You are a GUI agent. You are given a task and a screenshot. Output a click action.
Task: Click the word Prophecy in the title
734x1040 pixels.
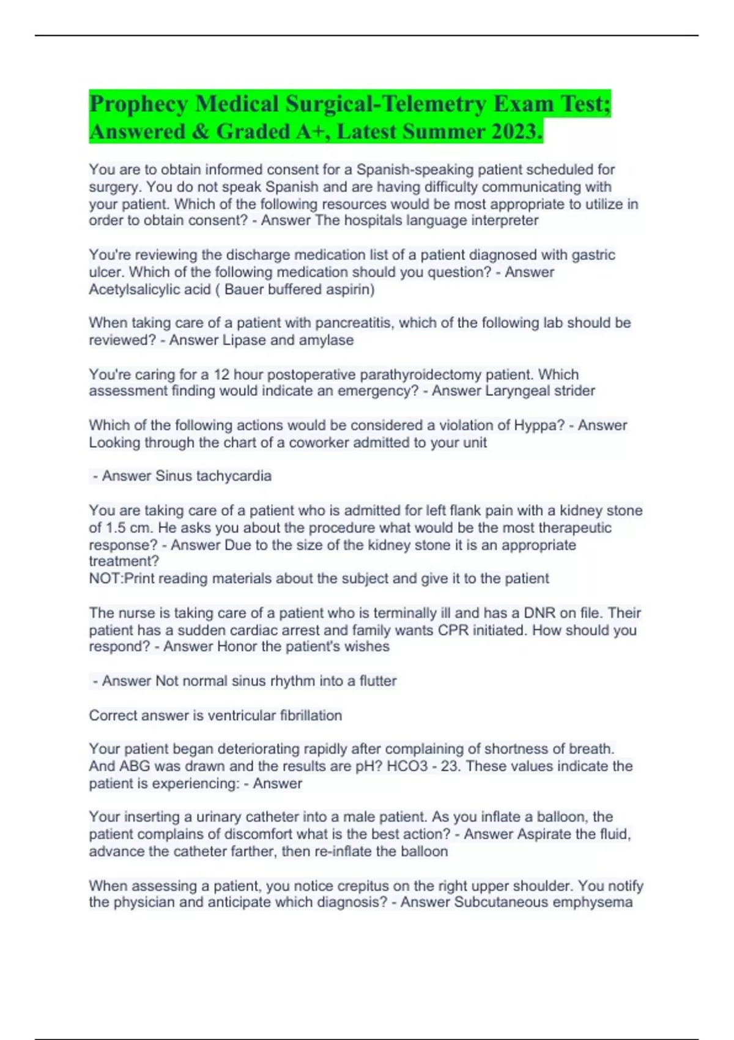[138, 105]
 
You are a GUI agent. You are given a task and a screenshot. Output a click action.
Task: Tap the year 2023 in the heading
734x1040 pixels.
[515, 132]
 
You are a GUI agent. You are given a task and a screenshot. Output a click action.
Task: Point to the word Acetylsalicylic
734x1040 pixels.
[150, 289]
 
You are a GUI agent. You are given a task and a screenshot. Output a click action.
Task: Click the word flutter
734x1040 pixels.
[377, 681]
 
